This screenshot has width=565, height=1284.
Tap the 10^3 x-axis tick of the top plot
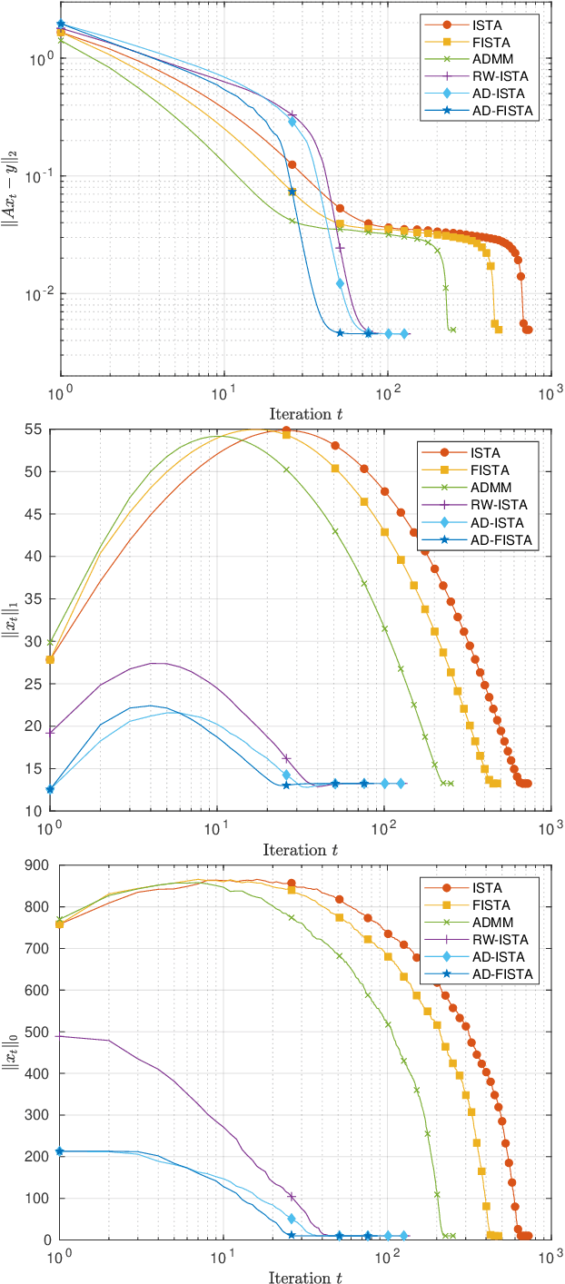click(547, 394)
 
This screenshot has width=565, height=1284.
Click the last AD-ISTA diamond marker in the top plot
click(404, 334)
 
